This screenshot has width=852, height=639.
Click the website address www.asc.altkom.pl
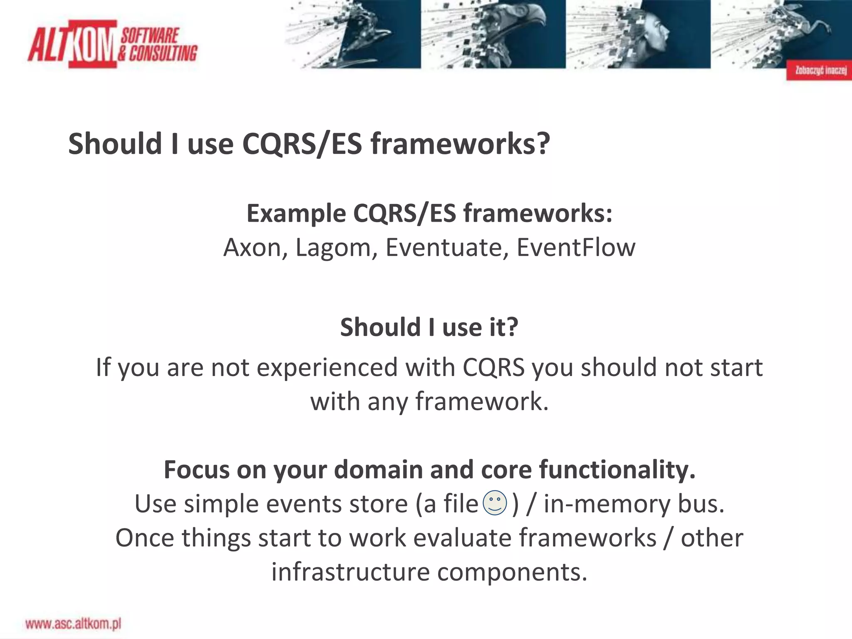click(73, 624)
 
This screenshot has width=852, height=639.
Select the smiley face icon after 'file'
click(495, 503)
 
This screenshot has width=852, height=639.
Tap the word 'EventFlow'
click(576, 248)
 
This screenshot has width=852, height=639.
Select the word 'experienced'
click(327, 368)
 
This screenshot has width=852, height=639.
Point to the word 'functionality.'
click(617, 470)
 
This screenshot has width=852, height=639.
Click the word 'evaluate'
click(462, 538)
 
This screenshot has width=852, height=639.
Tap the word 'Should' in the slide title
click(115, 144)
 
